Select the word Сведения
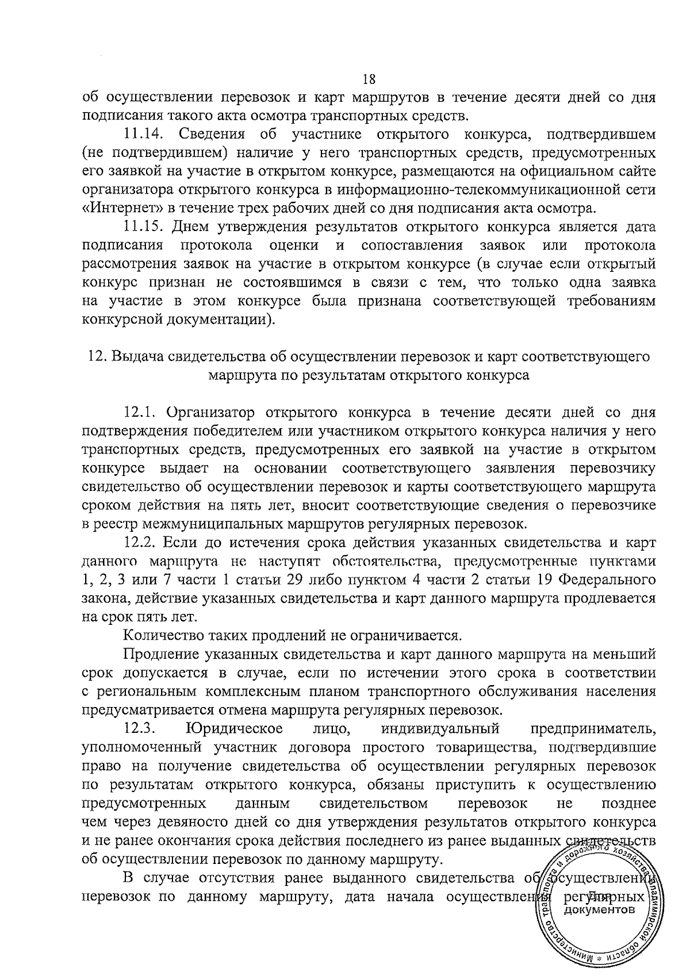[213, 136]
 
